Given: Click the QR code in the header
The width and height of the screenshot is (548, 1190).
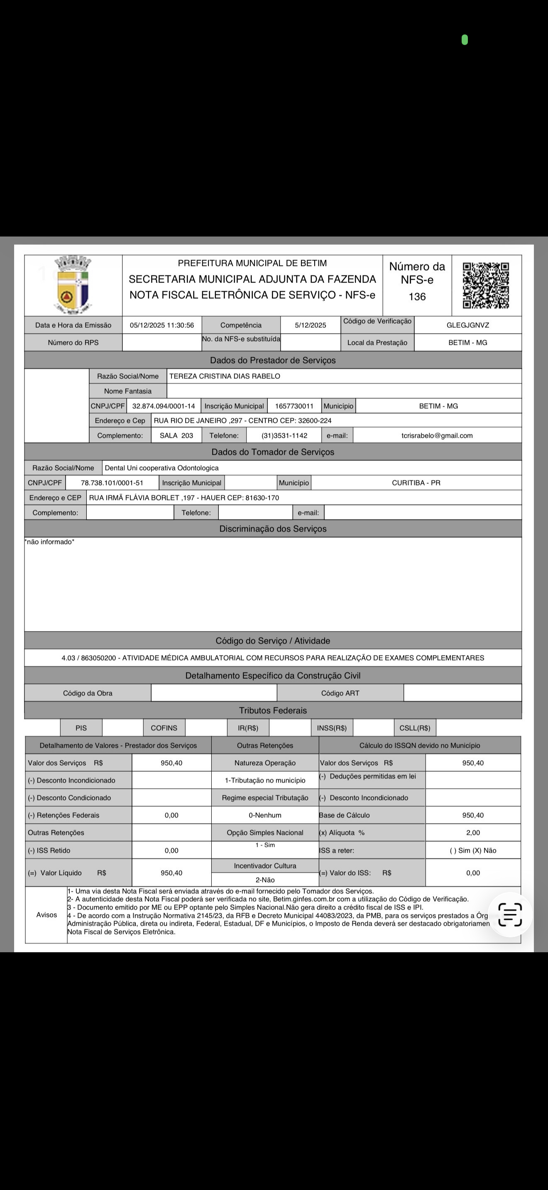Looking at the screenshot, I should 486,285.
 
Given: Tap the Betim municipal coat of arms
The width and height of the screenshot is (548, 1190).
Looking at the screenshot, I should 73,285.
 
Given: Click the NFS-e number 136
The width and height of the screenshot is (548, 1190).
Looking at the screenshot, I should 417,297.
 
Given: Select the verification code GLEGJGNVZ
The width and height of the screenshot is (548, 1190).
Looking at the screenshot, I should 467,325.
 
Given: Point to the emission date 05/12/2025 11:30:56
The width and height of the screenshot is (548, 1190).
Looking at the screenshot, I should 162,325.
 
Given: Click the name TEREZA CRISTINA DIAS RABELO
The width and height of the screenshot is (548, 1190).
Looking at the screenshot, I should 225,376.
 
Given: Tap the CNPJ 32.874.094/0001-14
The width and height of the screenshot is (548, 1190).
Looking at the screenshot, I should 164,406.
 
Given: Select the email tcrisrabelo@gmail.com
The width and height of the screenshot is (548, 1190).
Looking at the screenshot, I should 437,436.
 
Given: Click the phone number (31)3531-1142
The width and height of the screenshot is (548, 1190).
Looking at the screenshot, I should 284,436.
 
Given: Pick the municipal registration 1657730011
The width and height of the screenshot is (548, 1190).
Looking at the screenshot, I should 294,406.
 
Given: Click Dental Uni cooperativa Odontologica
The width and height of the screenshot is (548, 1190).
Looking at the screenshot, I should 162,468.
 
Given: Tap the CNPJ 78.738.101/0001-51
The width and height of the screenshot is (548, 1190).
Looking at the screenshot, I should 112,483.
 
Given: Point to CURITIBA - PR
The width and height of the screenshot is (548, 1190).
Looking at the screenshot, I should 416,483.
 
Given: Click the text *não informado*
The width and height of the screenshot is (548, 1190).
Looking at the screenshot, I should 50,542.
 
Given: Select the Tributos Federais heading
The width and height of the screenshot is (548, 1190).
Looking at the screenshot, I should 273,710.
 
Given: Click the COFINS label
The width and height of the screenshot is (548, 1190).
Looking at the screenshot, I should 164,728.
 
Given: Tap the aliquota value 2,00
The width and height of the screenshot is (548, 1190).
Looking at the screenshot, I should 473,833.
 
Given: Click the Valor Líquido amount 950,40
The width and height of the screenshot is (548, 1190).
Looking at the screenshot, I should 171,873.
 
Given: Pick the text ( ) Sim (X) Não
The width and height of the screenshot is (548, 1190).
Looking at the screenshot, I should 473,851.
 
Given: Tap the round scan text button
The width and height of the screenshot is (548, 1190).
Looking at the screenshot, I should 510,914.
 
